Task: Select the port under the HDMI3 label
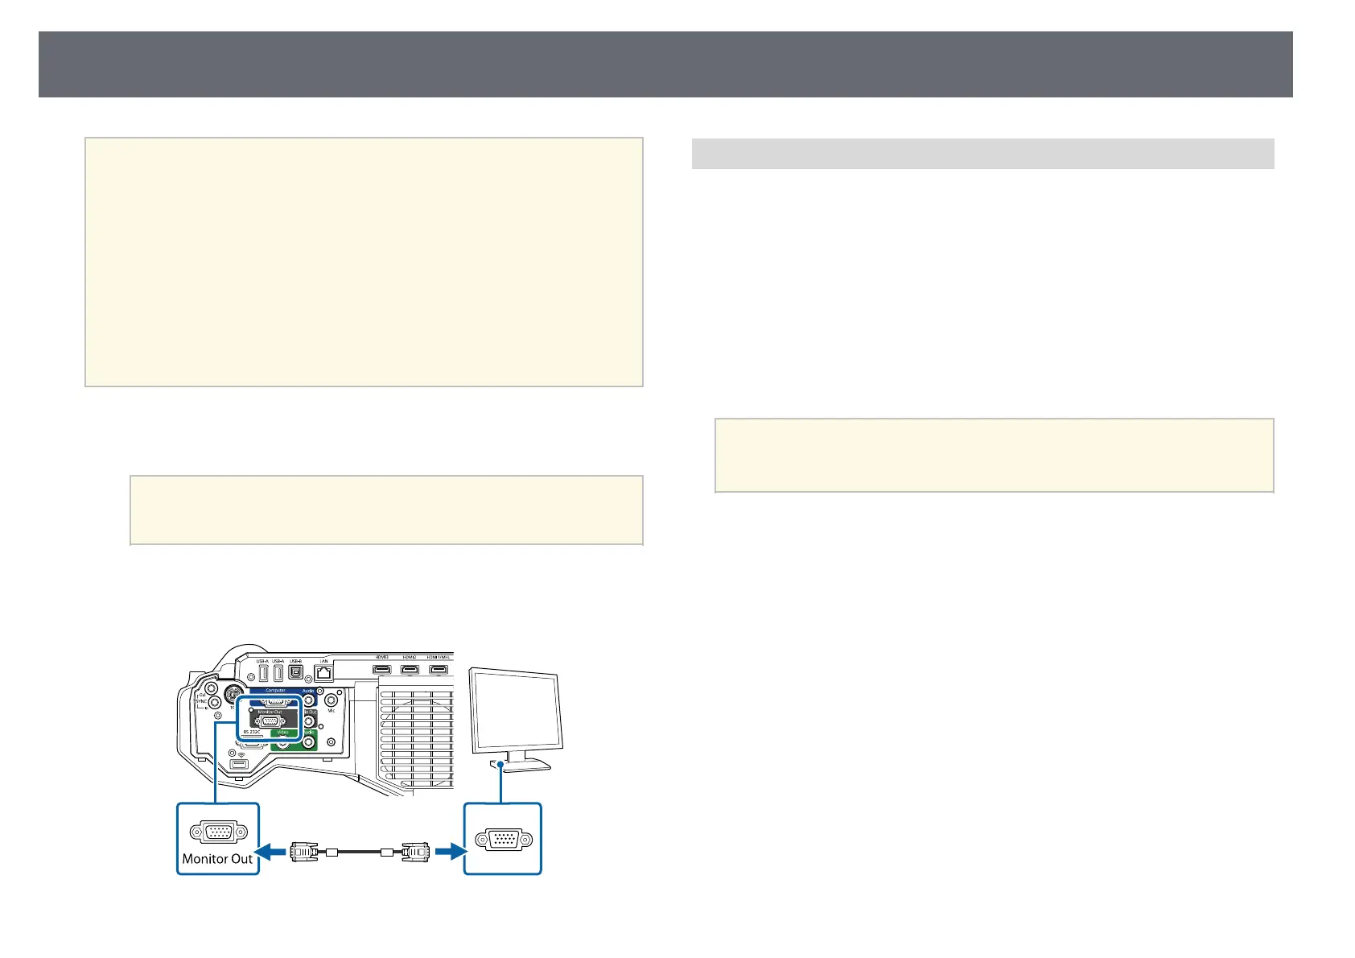[381, 669]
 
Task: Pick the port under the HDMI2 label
[410, 669]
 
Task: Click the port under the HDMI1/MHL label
[439, 669]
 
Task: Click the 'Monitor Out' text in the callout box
[217, 858]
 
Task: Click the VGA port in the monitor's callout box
[504, 840]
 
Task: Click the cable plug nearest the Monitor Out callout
[305, 850]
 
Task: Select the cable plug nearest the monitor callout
[416, 850]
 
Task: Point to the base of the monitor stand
[524, 767]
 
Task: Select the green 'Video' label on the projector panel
[283, 733]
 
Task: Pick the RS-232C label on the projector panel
[252, 732]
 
